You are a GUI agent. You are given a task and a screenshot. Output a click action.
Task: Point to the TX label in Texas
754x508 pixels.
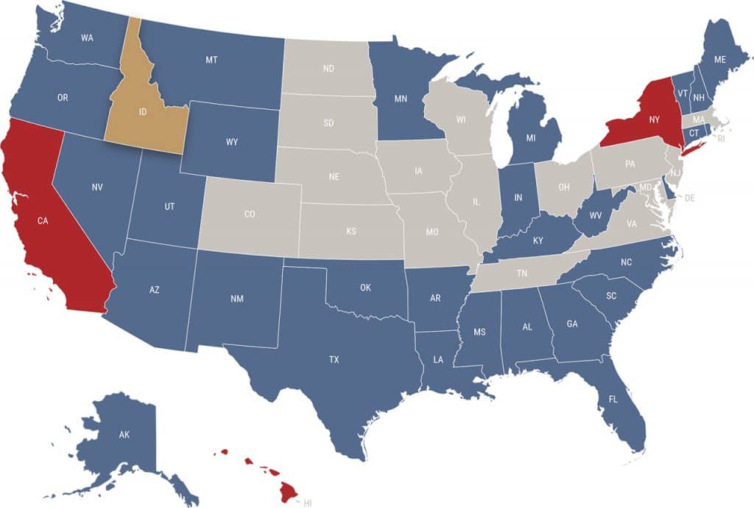coord(334,360)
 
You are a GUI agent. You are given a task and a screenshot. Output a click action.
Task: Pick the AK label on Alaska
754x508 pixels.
coord(124,435)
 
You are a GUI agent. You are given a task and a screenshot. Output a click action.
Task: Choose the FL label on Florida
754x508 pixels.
coord(613,400)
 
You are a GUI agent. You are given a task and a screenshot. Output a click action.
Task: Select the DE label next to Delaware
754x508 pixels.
coord(690,198)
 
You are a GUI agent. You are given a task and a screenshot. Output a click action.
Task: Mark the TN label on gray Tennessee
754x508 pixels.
coord(521,274)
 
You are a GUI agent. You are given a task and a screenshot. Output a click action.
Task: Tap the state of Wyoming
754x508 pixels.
coord(233,142)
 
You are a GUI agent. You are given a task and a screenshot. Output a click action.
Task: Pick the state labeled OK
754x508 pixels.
coord(365,288)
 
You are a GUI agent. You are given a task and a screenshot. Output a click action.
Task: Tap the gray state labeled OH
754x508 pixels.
coord(564,187)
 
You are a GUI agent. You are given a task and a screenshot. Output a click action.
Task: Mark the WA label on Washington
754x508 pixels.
coord(87,38)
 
